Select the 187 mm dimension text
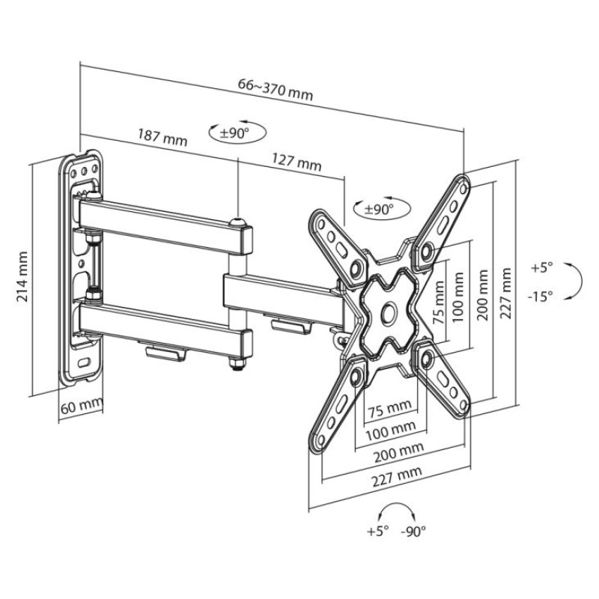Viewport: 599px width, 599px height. tap(162, 137)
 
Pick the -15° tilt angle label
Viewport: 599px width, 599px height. tap(540, 296)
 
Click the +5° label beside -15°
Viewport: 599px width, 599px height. tap(540, 267)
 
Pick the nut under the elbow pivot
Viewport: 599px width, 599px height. tap(237, 365)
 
